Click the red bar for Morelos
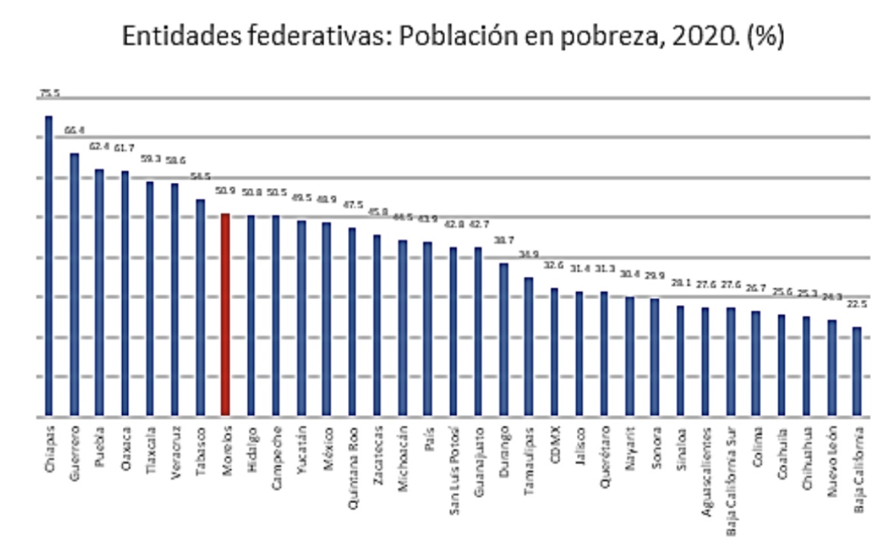225,315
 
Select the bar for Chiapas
49,266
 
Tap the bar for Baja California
857,372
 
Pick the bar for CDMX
554,352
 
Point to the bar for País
428,329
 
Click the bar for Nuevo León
832,368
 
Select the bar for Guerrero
74,285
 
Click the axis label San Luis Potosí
453,470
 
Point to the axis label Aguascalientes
706,470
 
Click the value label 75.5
49,93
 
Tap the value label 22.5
857,305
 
